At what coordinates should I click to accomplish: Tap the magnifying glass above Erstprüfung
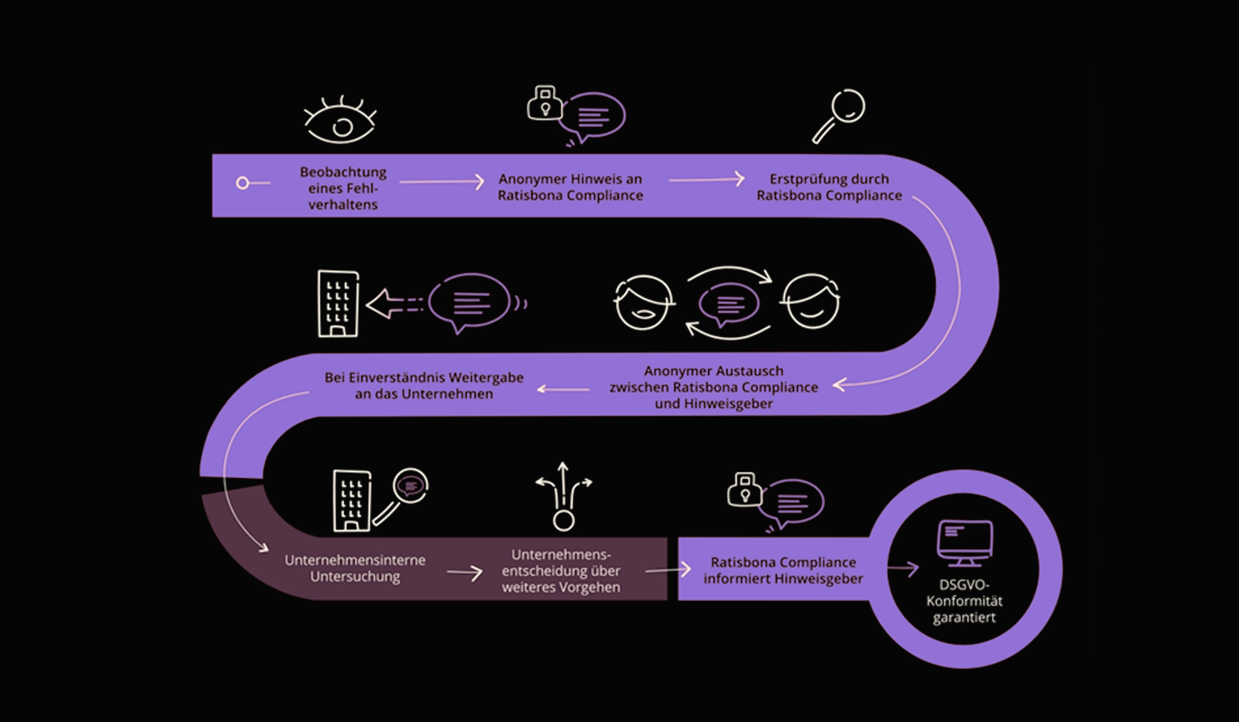[x=839, y=115]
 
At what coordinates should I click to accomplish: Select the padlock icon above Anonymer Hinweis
[x=544, y=103]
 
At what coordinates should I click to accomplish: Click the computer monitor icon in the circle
[x=965, y=542]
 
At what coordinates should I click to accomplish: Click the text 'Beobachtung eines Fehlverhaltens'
[x=343, y=188]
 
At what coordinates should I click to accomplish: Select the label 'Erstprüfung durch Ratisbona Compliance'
[x=829, y=187]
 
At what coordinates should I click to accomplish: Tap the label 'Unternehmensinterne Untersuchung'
[x=355, y=568]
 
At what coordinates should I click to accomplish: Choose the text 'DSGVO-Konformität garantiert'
[x=964, y=601]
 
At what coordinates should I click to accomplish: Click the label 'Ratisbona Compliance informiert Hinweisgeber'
[x=783, y=570]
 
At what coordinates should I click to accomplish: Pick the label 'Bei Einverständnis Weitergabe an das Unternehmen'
[x=424, y=385]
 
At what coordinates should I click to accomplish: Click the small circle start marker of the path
[x=242, y=183]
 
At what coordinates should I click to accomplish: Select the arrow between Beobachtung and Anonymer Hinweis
[x=442, y=182]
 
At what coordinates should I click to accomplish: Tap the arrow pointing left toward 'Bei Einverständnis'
[x=563, y=389]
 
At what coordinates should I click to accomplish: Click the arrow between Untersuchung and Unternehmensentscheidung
[x=465, y=573]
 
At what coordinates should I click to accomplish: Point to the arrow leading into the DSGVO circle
[x=903, y=568]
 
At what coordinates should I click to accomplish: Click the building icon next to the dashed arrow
[x=338, y=304]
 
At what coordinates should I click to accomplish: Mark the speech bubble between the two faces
[x=729, y=304]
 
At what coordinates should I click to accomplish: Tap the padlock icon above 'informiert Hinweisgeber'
[x=744, y=490]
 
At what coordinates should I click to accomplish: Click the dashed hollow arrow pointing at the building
[x=393, y=304]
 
